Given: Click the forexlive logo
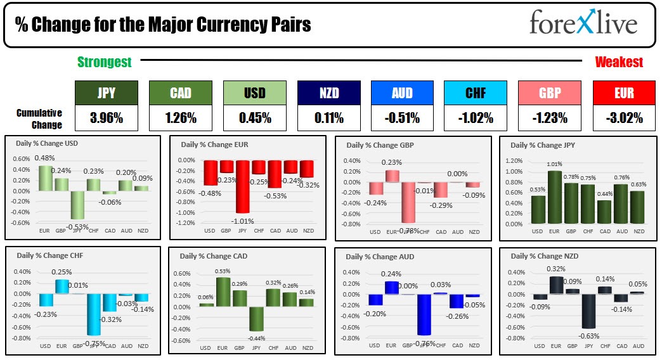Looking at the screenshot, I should tap(583, 23).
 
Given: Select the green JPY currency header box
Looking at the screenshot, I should tap(106, 93).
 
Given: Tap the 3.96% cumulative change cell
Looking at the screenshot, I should tap(106, 118).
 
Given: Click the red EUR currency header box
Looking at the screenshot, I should tap(624, 93).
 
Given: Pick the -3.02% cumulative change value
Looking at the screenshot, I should tap(624, 118).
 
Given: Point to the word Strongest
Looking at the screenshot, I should tap(105, 61).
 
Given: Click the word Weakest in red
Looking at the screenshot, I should tap(619, 61).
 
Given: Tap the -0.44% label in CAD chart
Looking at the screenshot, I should tap(256, 338).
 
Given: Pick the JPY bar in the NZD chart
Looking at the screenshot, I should tap(588, 319).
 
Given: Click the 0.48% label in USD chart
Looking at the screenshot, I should tap(43, 158).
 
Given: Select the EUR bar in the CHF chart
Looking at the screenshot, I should tap(61, 286).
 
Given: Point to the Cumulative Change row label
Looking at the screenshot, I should tap(39, 119).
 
